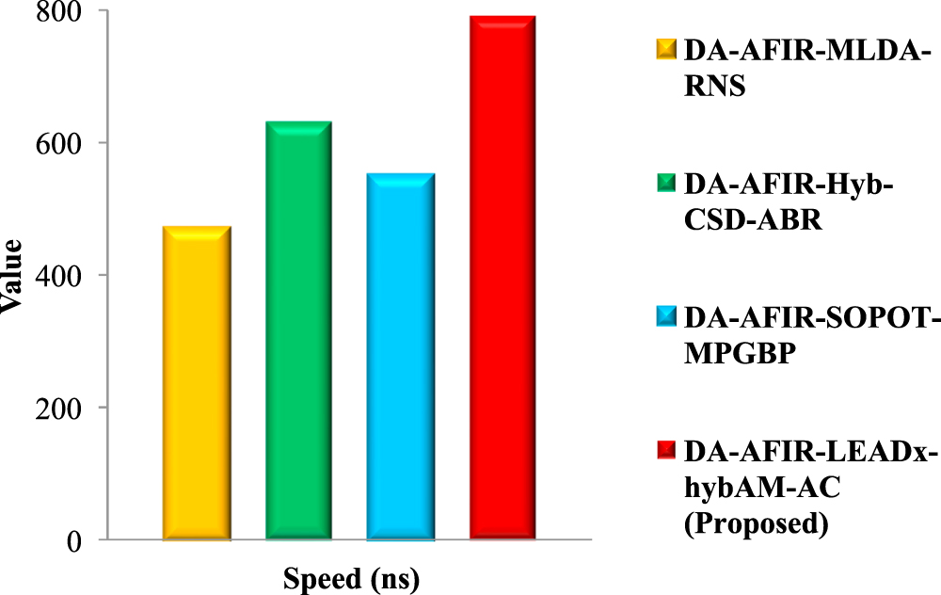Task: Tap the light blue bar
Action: click(401, 358)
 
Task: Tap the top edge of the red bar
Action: click(502, 17)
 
